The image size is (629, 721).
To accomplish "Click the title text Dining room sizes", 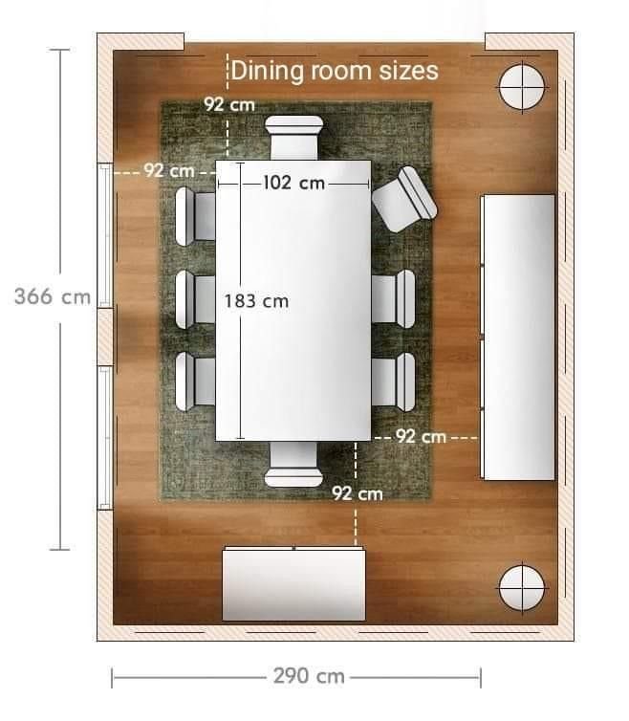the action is pos(335,71).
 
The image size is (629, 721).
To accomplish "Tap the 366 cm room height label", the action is pos(53,296).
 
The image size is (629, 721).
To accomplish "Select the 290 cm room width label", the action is pos(309,676).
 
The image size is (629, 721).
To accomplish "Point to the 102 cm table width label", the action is pos(294,183).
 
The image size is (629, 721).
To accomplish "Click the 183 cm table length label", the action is pos(256,301).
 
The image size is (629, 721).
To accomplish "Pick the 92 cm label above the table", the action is pos(229,105).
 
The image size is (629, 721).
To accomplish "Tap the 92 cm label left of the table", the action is pos(169,170).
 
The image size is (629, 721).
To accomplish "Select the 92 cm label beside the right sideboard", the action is pos(422,436).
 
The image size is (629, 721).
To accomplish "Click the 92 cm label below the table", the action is pos(358,493).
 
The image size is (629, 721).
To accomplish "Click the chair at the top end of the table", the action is pos(293,138).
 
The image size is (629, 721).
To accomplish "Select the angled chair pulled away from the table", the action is pos(404,199).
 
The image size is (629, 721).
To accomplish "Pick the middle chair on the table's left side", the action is pos(195,299).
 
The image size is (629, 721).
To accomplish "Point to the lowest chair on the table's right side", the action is pos(394,382).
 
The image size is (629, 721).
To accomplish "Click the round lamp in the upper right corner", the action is pos(522,86).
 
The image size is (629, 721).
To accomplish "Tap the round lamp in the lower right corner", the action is pos(522,588).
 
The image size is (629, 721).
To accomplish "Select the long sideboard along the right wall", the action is pos(518,338).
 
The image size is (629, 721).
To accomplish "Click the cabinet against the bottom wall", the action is pos(293,583).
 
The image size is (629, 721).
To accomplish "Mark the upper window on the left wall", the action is pos(105,235).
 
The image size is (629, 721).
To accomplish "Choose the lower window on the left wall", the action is pos(105,438).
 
